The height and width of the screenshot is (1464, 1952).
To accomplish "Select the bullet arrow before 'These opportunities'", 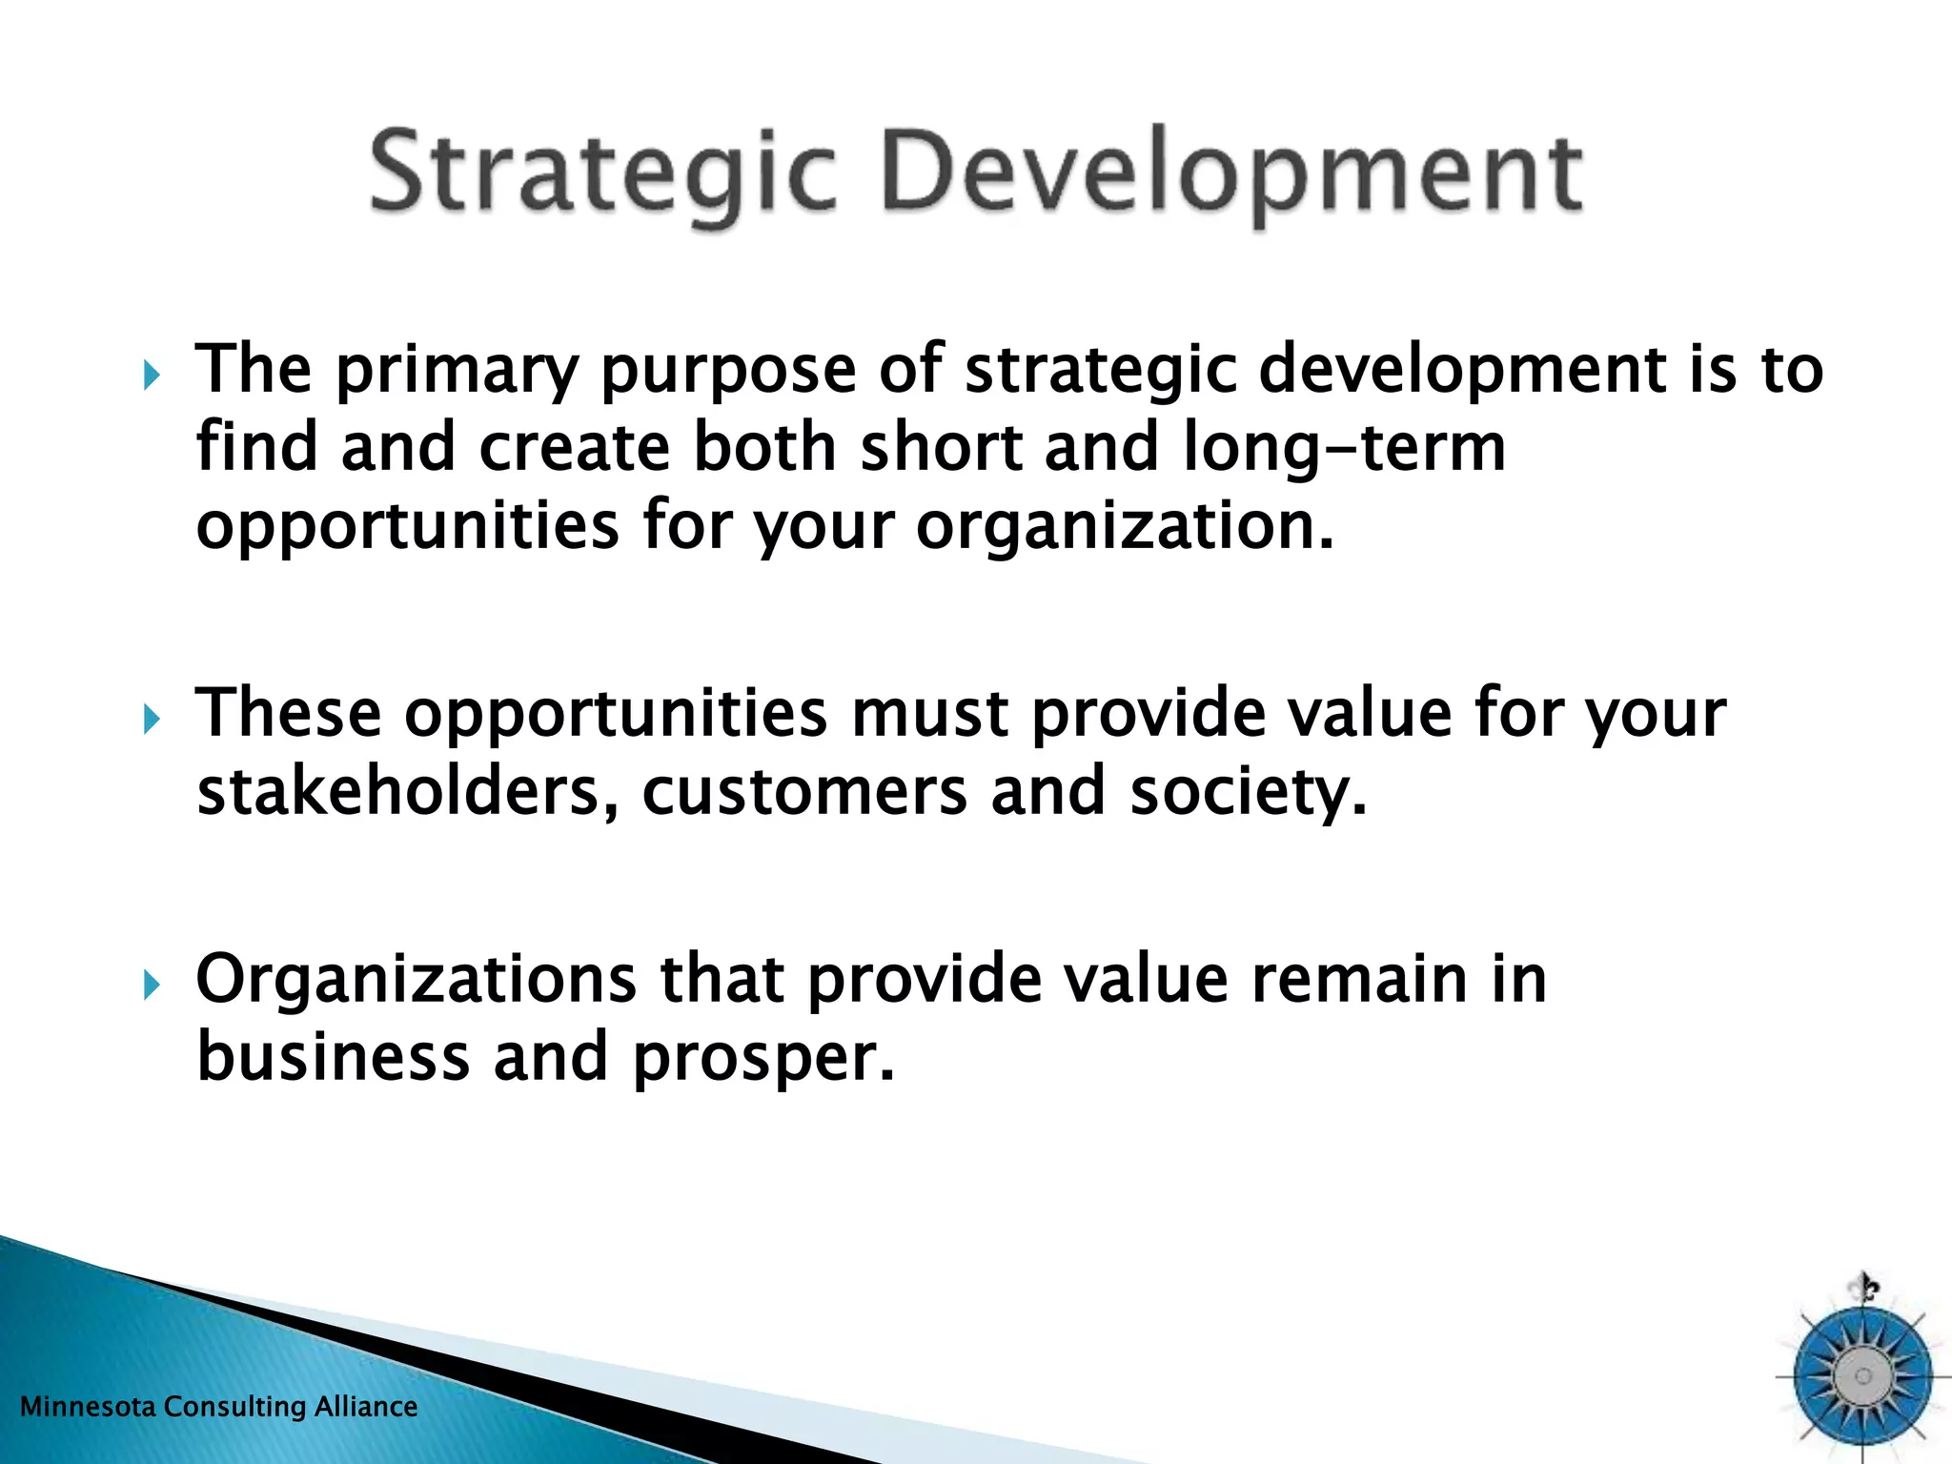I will pos(152,719).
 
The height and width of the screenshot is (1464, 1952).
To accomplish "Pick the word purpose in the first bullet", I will pos(728,372).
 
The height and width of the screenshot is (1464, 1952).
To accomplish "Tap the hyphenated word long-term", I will pos(1344,448).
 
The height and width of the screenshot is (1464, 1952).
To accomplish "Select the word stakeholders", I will pos(404,792).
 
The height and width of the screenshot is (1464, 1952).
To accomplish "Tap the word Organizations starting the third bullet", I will pos(416,982).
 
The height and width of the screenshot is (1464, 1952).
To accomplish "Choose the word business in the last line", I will pos(333,1057).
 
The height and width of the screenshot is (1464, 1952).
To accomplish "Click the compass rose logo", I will pos(1861,1374).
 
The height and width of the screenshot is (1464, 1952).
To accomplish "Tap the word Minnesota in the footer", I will pos(88,1407).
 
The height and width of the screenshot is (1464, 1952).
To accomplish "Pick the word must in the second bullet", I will pos(928,715).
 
